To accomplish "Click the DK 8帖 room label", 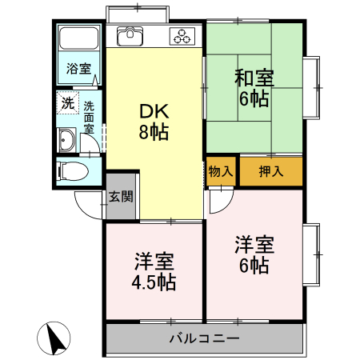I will click(154, 122).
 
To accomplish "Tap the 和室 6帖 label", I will click(254, 88).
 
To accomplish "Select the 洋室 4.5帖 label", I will click(154, 271).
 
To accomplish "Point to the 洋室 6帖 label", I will click(254, 254).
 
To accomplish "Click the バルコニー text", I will click(204, 338).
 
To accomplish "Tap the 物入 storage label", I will click(222, 170).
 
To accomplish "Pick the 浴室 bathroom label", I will click(78, 67).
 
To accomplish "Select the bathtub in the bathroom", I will click(79, 39).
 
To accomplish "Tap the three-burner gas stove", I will click(183, 36).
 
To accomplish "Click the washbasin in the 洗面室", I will click(66, 142).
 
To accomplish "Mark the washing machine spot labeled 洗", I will click(68, 103).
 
